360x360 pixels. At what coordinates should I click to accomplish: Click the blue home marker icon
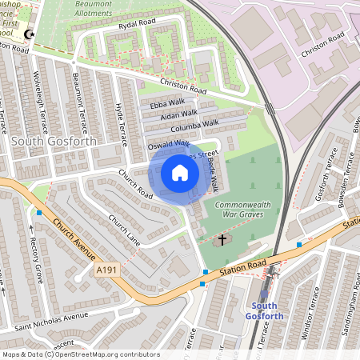tap(180, 174)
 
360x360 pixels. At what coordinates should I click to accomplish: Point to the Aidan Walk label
tap(178, 116)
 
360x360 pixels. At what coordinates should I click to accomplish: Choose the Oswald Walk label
tap(168, 145)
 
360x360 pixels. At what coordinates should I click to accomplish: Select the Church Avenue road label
tap(73, 237)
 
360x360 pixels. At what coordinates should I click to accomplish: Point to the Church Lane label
tap(124, 230)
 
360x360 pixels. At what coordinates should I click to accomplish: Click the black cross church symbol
tap(222, 238)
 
